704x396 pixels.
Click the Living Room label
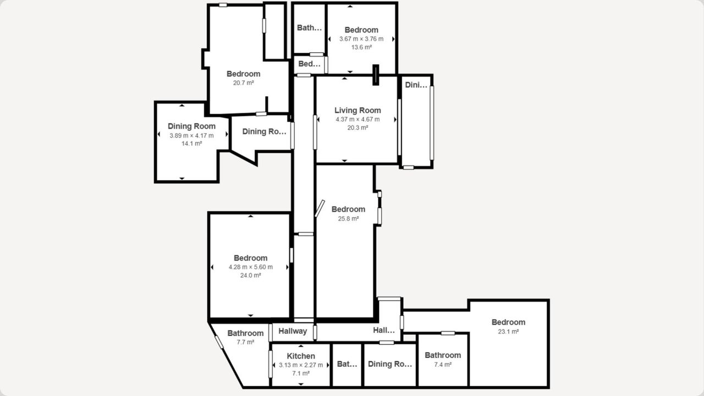tap(358, 111)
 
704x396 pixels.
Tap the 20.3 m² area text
tap(358, 128)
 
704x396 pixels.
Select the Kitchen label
tap(301, 356)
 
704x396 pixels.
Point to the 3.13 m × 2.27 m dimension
tap(301, 365)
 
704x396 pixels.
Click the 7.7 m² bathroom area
tap(245, 342)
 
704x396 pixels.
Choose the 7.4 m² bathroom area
tap(443, 365)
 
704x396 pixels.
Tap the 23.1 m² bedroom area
tap(508, 332)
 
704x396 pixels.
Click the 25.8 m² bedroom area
tap(348, 218)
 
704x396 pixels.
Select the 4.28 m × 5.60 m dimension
tap(250, 267)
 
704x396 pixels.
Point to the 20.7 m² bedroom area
tap(243, 83)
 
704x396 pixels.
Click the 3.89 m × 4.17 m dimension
tap(191, 135)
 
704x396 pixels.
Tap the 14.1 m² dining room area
tap(191, 144)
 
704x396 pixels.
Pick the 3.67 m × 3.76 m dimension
tap(361, 39)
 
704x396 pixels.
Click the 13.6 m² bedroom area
tap(361, 47)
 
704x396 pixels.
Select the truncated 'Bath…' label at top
tap(309, 28)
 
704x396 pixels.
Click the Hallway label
tap(293, 331)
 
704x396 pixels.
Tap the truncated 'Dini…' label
tap(416, 85)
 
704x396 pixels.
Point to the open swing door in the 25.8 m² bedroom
tap(320, 208)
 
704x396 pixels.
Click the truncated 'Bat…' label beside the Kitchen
tap(347, 364)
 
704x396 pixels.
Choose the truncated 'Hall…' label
tap(384, 330)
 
